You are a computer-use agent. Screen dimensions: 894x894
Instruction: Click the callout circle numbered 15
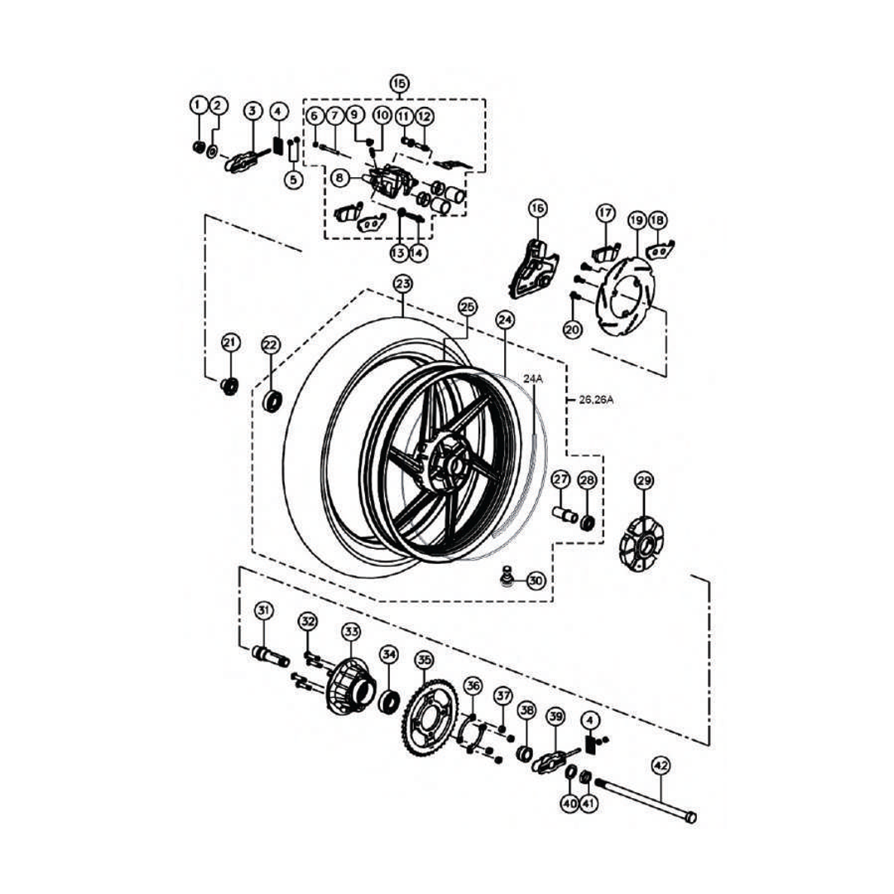[399, 84]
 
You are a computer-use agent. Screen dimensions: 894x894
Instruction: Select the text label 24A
[532, 378]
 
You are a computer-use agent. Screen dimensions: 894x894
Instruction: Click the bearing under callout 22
[272, 401]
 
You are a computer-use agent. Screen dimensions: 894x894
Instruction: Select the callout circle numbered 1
[198, 105]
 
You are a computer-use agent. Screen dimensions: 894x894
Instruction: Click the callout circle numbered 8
[339, 177]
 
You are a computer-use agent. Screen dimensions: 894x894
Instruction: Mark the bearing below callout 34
[389, 701]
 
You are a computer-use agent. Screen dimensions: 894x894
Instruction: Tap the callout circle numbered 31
[263, 611]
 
